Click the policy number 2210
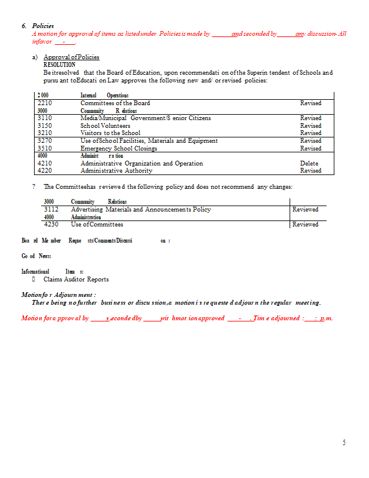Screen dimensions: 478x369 (45, 103)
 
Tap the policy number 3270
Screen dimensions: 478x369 (45, 141)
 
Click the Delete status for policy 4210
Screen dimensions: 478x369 (309, 163)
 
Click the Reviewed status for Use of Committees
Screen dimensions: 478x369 (305, 225)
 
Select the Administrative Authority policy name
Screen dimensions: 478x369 (116, 171)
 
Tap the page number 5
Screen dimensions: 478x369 (344, 443)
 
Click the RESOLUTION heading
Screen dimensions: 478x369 (60, 65)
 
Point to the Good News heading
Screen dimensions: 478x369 (36, 256)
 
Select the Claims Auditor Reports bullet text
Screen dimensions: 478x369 (76, 279)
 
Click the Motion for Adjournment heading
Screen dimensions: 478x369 (59, 295)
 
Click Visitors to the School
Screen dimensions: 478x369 (110, 133)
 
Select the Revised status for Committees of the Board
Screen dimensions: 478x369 (310, 103)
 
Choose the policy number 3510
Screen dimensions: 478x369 (45, 148)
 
